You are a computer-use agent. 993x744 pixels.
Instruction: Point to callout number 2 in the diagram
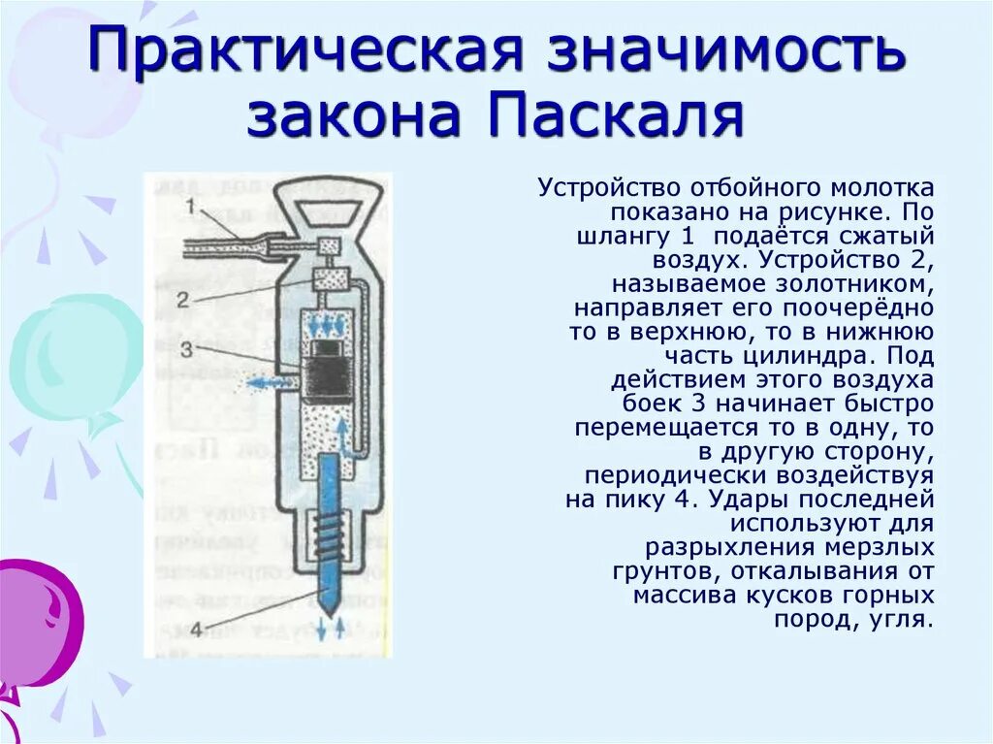coord(185,300)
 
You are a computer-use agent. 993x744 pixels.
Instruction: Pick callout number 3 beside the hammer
coord(187,347)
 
